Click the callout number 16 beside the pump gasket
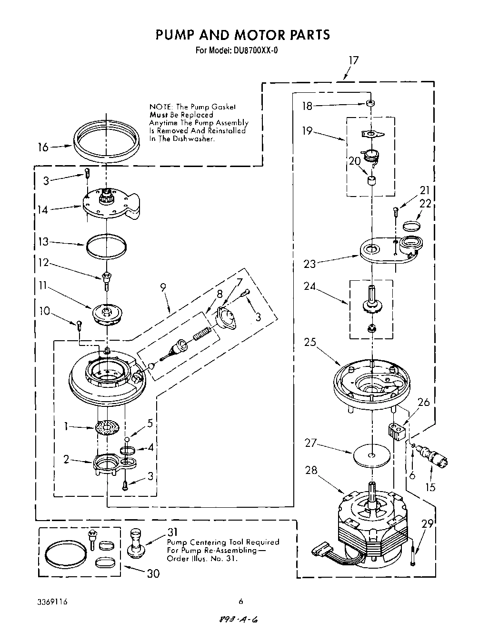[43, 148]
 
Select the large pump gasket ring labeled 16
[107, 141]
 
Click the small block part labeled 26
[394, 432]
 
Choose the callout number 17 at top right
[353, 60]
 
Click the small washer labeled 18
[369, 103]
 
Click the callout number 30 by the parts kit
[153, 573]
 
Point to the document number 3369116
[52, 602]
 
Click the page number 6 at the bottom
[241, 602]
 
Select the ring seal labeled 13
[107, 246]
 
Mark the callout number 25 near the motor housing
[310, 342]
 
